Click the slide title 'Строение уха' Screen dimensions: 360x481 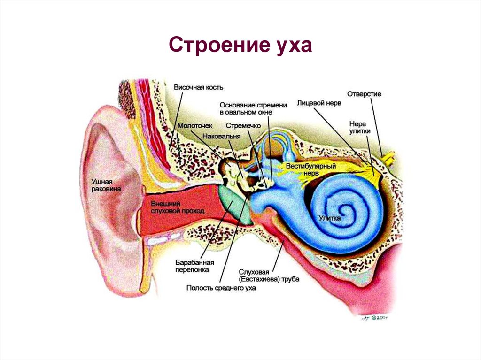tap(240, 47)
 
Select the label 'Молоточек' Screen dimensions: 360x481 tap(195, 126)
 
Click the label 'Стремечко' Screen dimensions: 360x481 tap(240, 126)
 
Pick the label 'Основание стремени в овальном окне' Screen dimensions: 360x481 tap(246, 108)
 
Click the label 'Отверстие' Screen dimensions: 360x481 tap(364, 94)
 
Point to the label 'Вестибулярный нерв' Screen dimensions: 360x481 tap(308, 169)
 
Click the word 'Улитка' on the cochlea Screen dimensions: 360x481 tap(330, 218)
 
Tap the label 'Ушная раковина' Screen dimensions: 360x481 tap(106, 184)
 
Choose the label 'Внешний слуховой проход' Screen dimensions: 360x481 tap(177, 207)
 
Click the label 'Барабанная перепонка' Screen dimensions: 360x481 tap(192, 266)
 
